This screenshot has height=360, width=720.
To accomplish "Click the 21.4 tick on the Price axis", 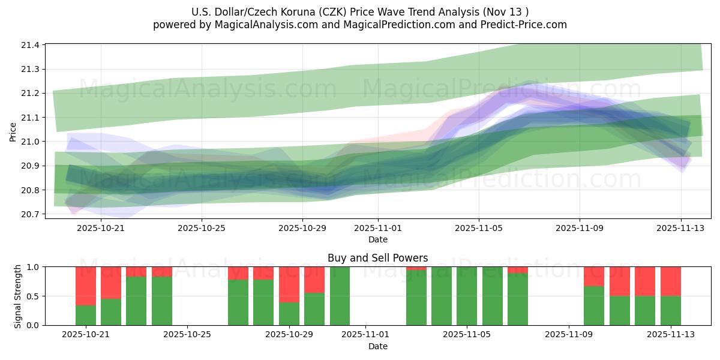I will [31, 45].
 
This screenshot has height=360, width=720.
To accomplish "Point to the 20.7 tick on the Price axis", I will [31, 214].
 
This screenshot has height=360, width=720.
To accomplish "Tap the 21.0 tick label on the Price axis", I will [31, 142].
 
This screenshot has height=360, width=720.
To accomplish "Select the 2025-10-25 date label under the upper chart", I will [202, 228].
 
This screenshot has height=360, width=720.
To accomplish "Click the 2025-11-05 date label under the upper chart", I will [479, 228].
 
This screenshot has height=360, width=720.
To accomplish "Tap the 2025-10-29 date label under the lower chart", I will [289, 335].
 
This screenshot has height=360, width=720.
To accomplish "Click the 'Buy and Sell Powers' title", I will [378, 259].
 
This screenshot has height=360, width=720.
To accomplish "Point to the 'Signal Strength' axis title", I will [18, 296].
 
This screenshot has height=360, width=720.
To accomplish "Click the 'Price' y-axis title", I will [13, 131].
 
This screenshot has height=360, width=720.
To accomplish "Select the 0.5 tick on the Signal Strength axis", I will [33, 296].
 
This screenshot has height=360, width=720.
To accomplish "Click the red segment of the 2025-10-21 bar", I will [86, 286].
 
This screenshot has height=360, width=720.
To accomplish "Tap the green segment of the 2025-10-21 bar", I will [86, 316].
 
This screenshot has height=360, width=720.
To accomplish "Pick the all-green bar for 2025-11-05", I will [467, 296].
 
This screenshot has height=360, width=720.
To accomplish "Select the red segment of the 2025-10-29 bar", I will [289, 284].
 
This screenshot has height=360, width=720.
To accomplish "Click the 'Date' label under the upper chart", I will [378, 239].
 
